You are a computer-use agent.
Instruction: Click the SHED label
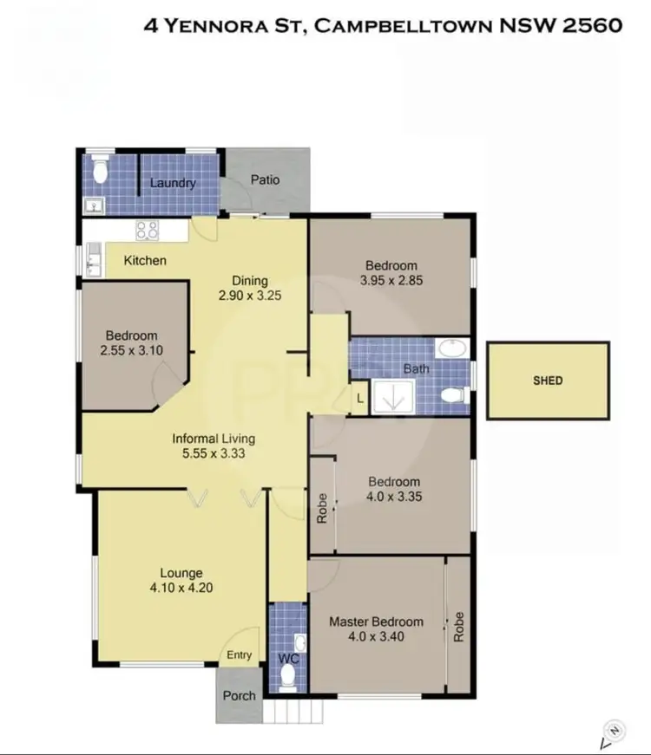[548, 381]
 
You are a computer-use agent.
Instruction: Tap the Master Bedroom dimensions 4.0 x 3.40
[376, 636]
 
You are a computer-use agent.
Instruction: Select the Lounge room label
[181, 573]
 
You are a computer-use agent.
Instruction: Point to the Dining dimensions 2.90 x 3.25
[250, 295]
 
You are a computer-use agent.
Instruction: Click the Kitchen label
[145, 260]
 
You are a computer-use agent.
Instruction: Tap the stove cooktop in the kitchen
[146, 231]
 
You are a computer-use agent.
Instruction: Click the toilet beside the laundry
[101, 172]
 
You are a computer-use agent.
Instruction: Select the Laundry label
[173, 184]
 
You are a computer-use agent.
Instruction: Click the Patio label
[265, 180]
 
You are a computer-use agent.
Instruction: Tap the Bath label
[416, 369]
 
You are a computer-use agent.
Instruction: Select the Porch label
[239, 695]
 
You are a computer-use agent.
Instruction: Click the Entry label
[240, 656]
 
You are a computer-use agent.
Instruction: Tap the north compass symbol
[614, 735]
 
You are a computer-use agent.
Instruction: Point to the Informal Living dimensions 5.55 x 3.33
[213, 452]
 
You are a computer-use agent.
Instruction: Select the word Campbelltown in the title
[404, 25]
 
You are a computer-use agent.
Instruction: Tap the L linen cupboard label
[361, 398]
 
